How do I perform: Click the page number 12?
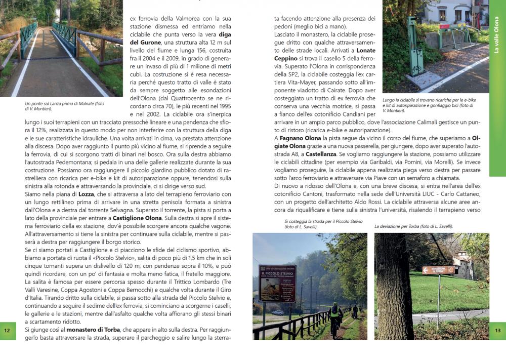coord(7,331)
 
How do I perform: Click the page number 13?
coord(498,331)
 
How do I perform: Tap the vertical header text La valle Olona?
coord(497,35)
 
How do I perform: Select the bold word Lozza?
coord(87,194)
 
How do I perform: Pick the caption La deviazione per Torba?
coord(413,226)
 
